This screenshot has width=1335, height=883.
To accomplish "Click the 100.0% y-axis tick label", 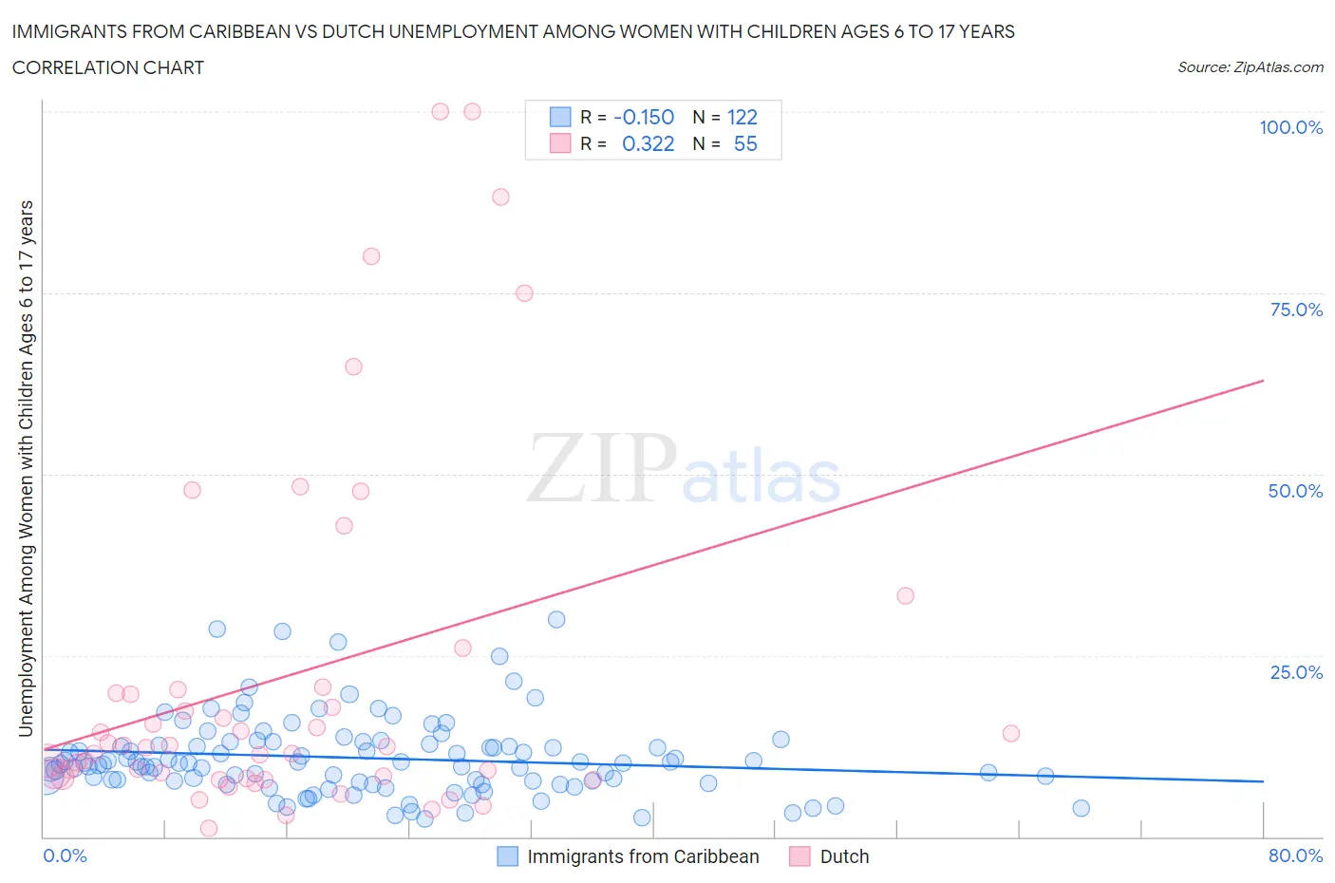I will click(x=1290, y=127).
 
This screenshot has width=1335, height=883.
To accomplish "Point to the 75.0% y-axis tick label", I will click(x=1296, y=310).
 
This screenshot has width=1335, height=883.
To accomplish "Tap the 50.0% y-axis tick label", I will click(x=1295, y=491).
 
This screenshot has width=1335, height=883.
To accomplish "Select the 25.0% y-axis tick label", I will click(x=1296, y=672).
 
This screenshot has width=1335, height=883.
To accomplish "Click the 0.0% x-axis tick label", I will click(x=65, y=855).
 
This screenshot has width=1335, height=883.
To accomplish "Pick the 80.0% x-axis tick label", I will click(x=1295, y=855).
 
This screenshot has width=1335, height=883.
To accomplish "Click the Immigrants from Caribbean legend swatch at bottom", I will click(x=508, y=856).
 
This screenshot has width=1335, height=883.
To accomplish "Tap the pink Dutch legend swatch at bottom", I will click(x=799, y=856).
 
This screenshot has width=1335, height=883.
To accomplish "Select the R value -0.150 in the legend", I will click(x=644, y=117).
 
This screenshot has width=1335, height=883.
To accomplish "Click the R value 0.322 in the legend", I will click(x=648, y=143).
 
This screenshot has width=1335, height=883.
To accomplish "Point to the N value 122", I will click(x=742, y=117).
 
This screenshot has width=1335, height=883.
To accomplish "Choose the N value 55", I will click(x=745, y=143).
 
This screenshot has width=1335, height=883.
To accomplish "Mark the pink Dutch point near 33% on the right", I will click(x=905, y=595).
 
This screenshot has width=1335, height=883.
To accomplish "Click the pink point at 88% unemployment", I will click(x=500, y=197).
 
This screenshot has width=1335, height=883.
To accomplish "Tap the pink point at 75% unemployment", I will click(x=524, y=293).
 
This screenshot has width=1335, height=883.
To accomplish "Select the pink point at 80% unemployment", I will click(x=371, y=256).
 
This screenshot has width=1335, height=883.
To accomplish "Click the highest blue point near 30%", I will click(x=556, y=619).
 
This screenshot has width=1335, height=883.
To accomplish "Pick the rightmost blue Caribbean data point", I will click(x=1081, y=808).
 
